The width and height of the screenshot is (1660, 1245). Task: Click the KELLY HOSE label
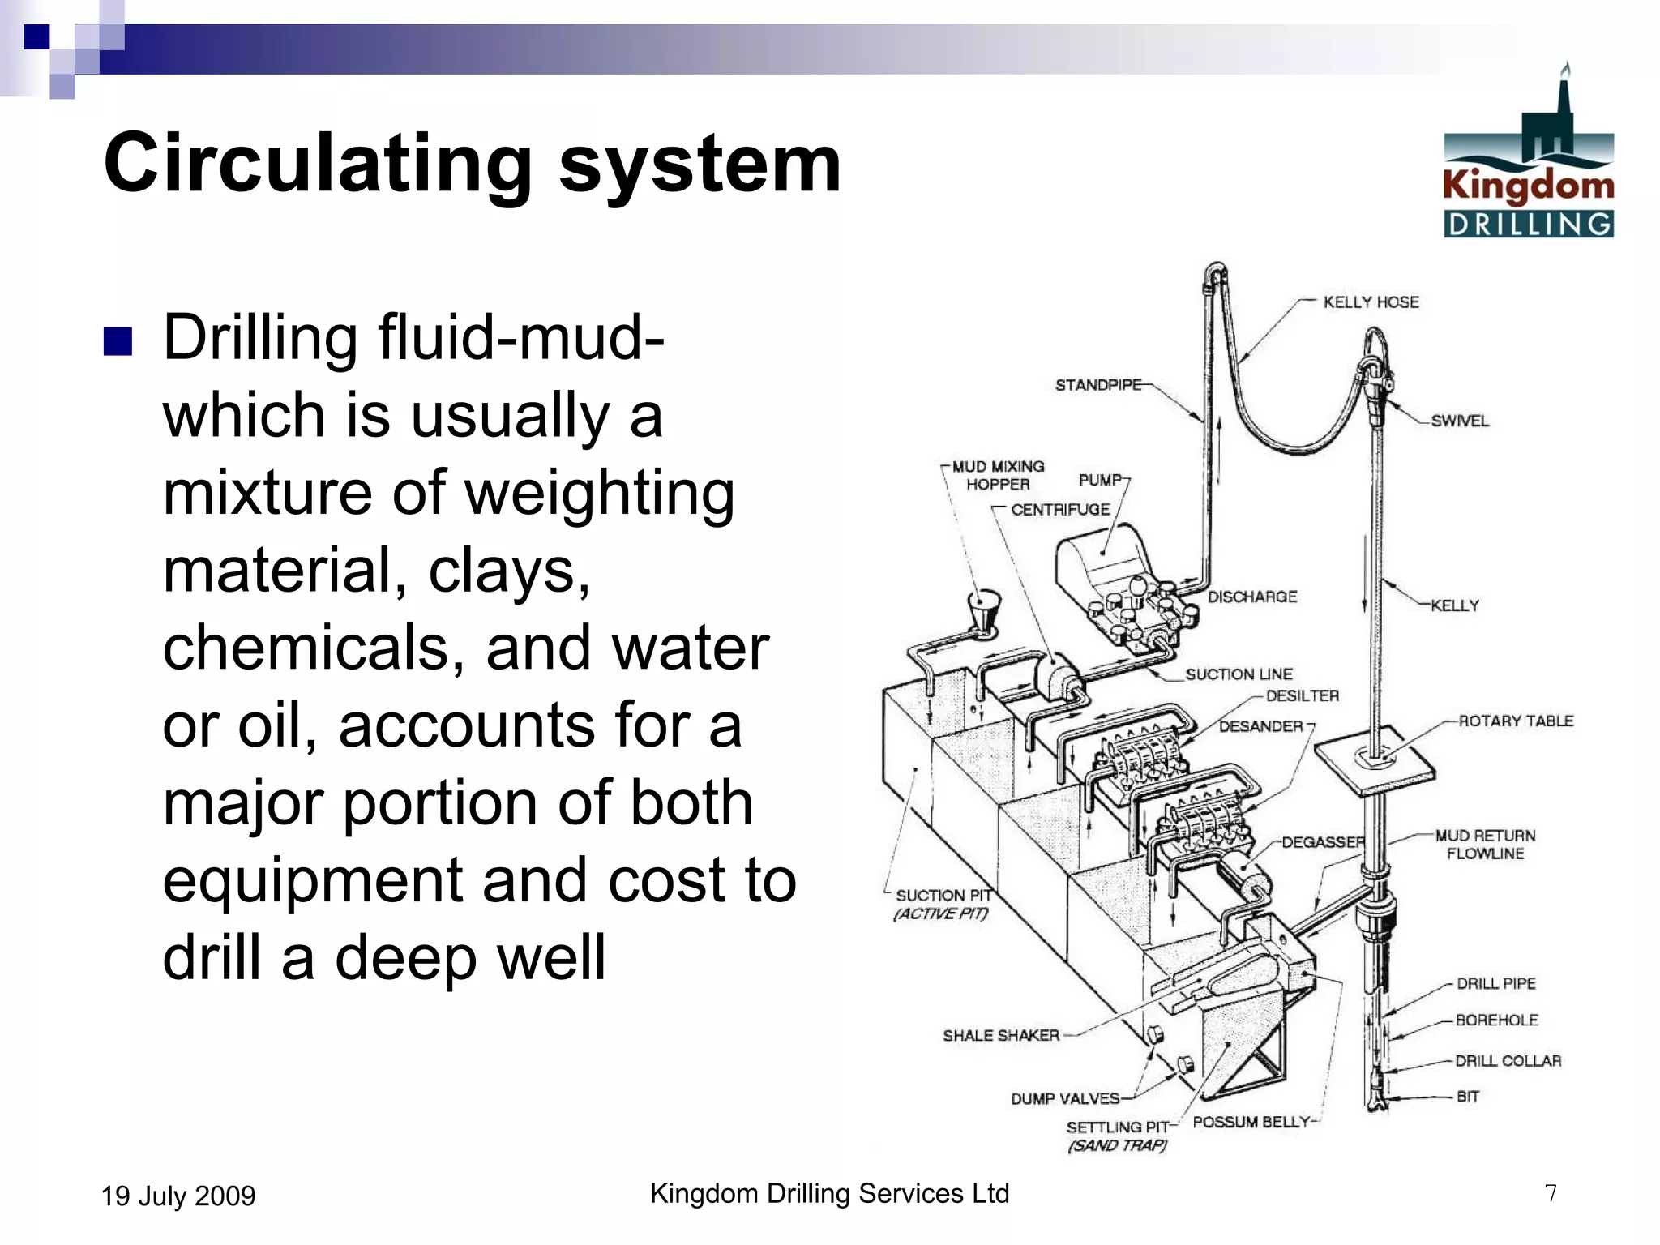[1371, 302]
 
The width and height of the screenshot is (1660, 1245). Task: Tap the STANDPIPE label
[1097, 385]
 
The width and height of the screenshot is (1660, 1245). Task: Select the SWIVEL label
[1459, 421]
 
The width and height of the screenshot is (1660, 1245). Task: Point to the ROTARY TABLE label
[1515, 721]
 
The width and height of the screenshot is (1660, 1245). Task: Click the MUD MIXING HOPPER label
[998, 476]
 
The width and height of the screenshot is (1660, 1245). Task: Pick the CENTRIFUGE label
[1060, 510]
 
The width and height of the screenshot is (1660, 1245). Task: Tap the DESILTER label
[1302, 695]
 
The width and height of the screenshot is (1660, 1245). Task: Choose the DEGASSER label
[1323, 842]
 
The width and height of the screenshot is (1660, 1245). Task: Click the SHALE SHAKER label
[1001, 1035]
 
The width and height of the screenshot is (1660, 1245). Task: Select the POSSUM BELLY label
[1251, 1122]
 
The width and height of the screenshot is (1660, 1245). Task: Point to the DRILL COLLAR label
[1508, 1060]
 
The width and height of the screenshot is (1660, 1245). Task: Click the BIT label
[1468, 1097]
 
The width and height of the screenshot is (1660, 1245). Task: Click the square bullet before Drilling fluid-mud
[118, 342]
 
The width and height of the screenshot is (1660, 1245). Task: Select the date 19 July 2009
[178, 1196]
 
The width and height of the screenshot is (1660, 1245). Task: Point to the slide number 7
[1550, 1193]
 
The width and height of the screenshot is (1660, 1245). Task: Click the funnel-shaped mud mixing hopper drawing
[985, 610]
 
